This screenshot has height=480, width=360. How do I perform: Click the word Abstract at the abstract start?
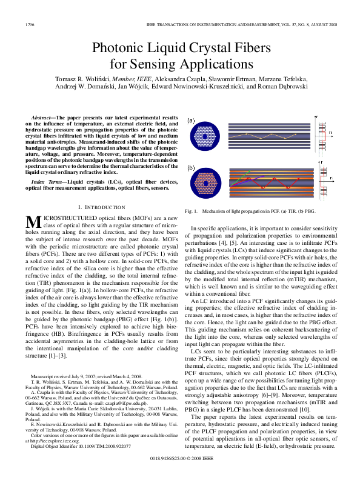(x=45, y=116)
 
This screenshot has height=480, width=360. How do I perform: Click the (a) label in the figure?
(x=192, y=120)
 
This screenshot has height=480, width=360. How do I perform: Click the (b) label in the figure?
(x=192, y=168)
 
